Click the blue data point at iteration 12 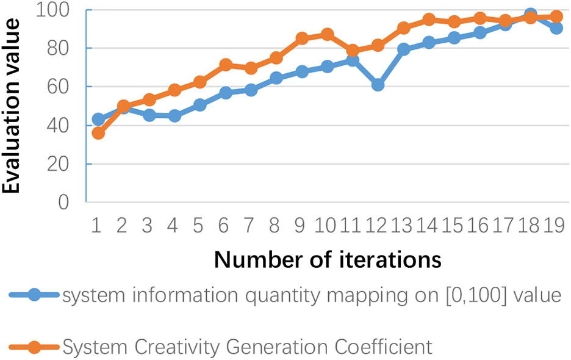(378, 85)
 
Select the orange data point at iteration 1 (98, 133)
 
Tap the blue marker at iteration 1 (98, 119)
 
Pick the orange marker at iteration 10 (327, 34)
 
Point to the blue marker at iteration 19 (556, 27)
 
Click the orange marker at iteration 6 (225, 65)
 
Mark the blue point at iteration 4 (174, 115)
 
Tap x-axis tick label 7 (251, 228)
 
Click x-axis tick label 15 (454, 228)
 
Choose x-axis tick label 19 (556, 228)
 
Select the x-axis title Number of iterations (328, 259)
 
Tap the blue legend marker (34, 295)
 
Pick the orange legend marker (34, 347)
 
